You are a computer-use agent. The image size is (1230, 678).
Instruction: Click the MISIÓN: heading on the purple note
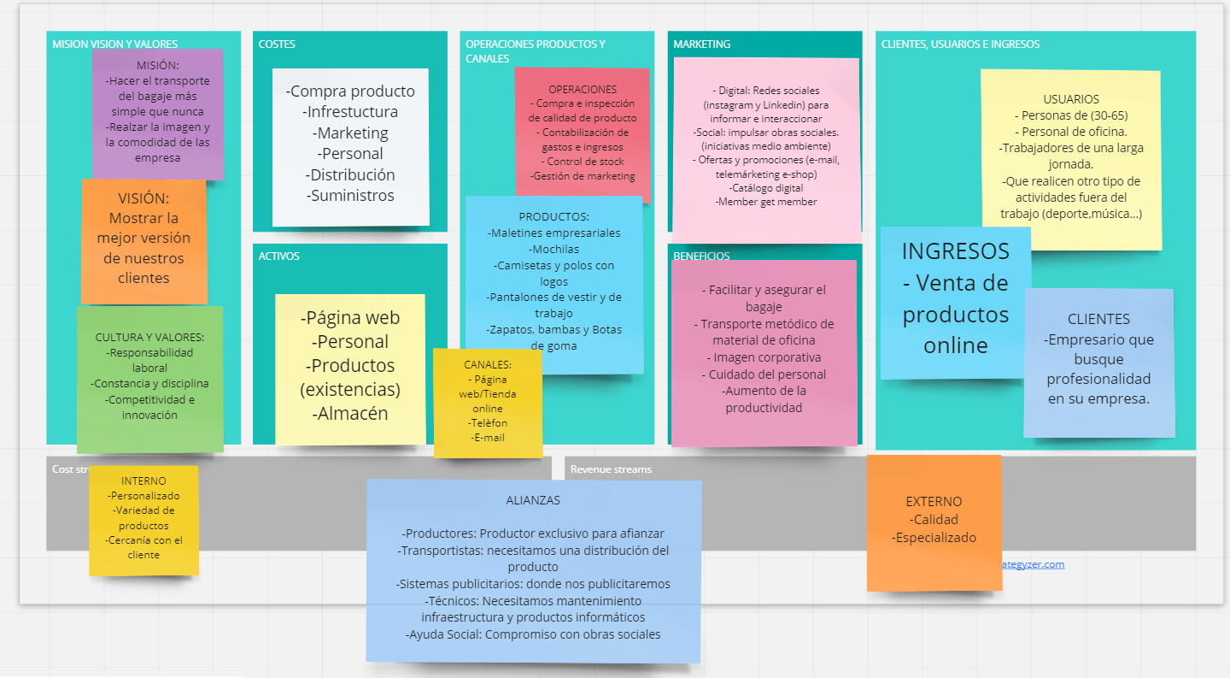point(157,66)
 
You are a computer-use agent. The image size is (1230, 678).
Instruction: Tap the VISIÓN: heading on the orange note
point(143,198)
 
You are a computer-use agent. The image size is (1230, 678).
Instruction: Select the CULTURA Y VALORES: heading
point(149,337)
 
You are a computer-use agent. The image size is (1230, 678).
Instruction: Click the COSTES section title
point(277,44)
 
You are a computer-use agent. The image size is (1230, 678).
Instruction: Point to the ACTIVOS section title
point(279,256)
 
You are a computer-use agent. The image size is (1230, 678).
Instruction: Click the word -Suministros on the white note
point(350,195)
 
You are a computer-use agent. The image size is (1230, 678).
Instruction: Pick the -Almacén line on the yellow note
point(350,413)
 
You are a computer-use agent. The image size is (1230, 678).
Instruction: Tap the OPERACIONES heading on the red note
point(583,89)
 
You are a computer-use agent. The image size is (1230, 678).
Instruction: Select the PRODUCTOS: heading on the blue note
point(553,216)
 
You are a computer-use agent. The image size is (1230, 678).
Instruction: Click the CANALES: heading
point(488,364)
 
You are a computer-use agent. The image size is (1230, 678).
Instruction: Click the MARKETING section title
point(702,44)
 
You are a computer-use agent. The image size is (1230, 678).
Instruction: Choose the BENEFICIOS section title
point(701,256)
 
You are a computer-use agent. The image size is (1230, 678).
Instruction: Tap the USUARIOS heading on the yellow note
point(1071,99)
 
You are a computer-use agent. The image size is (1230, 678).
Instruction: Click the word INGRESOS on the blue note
point(955,251)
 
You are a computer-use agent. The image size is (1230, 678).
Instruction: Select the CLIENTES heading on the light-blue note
point(1098,319)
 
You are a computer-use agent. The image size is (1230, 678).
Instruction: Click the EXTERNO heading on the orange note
point(934,502)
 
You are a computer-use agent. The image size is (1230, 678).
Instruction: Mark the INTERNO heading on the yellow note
point(143,480)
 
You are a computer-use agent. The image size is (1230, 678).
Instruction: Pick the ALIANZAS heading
point(533,500)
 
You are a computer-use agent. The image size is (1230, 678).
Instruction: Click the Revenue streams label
point(611,469)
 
